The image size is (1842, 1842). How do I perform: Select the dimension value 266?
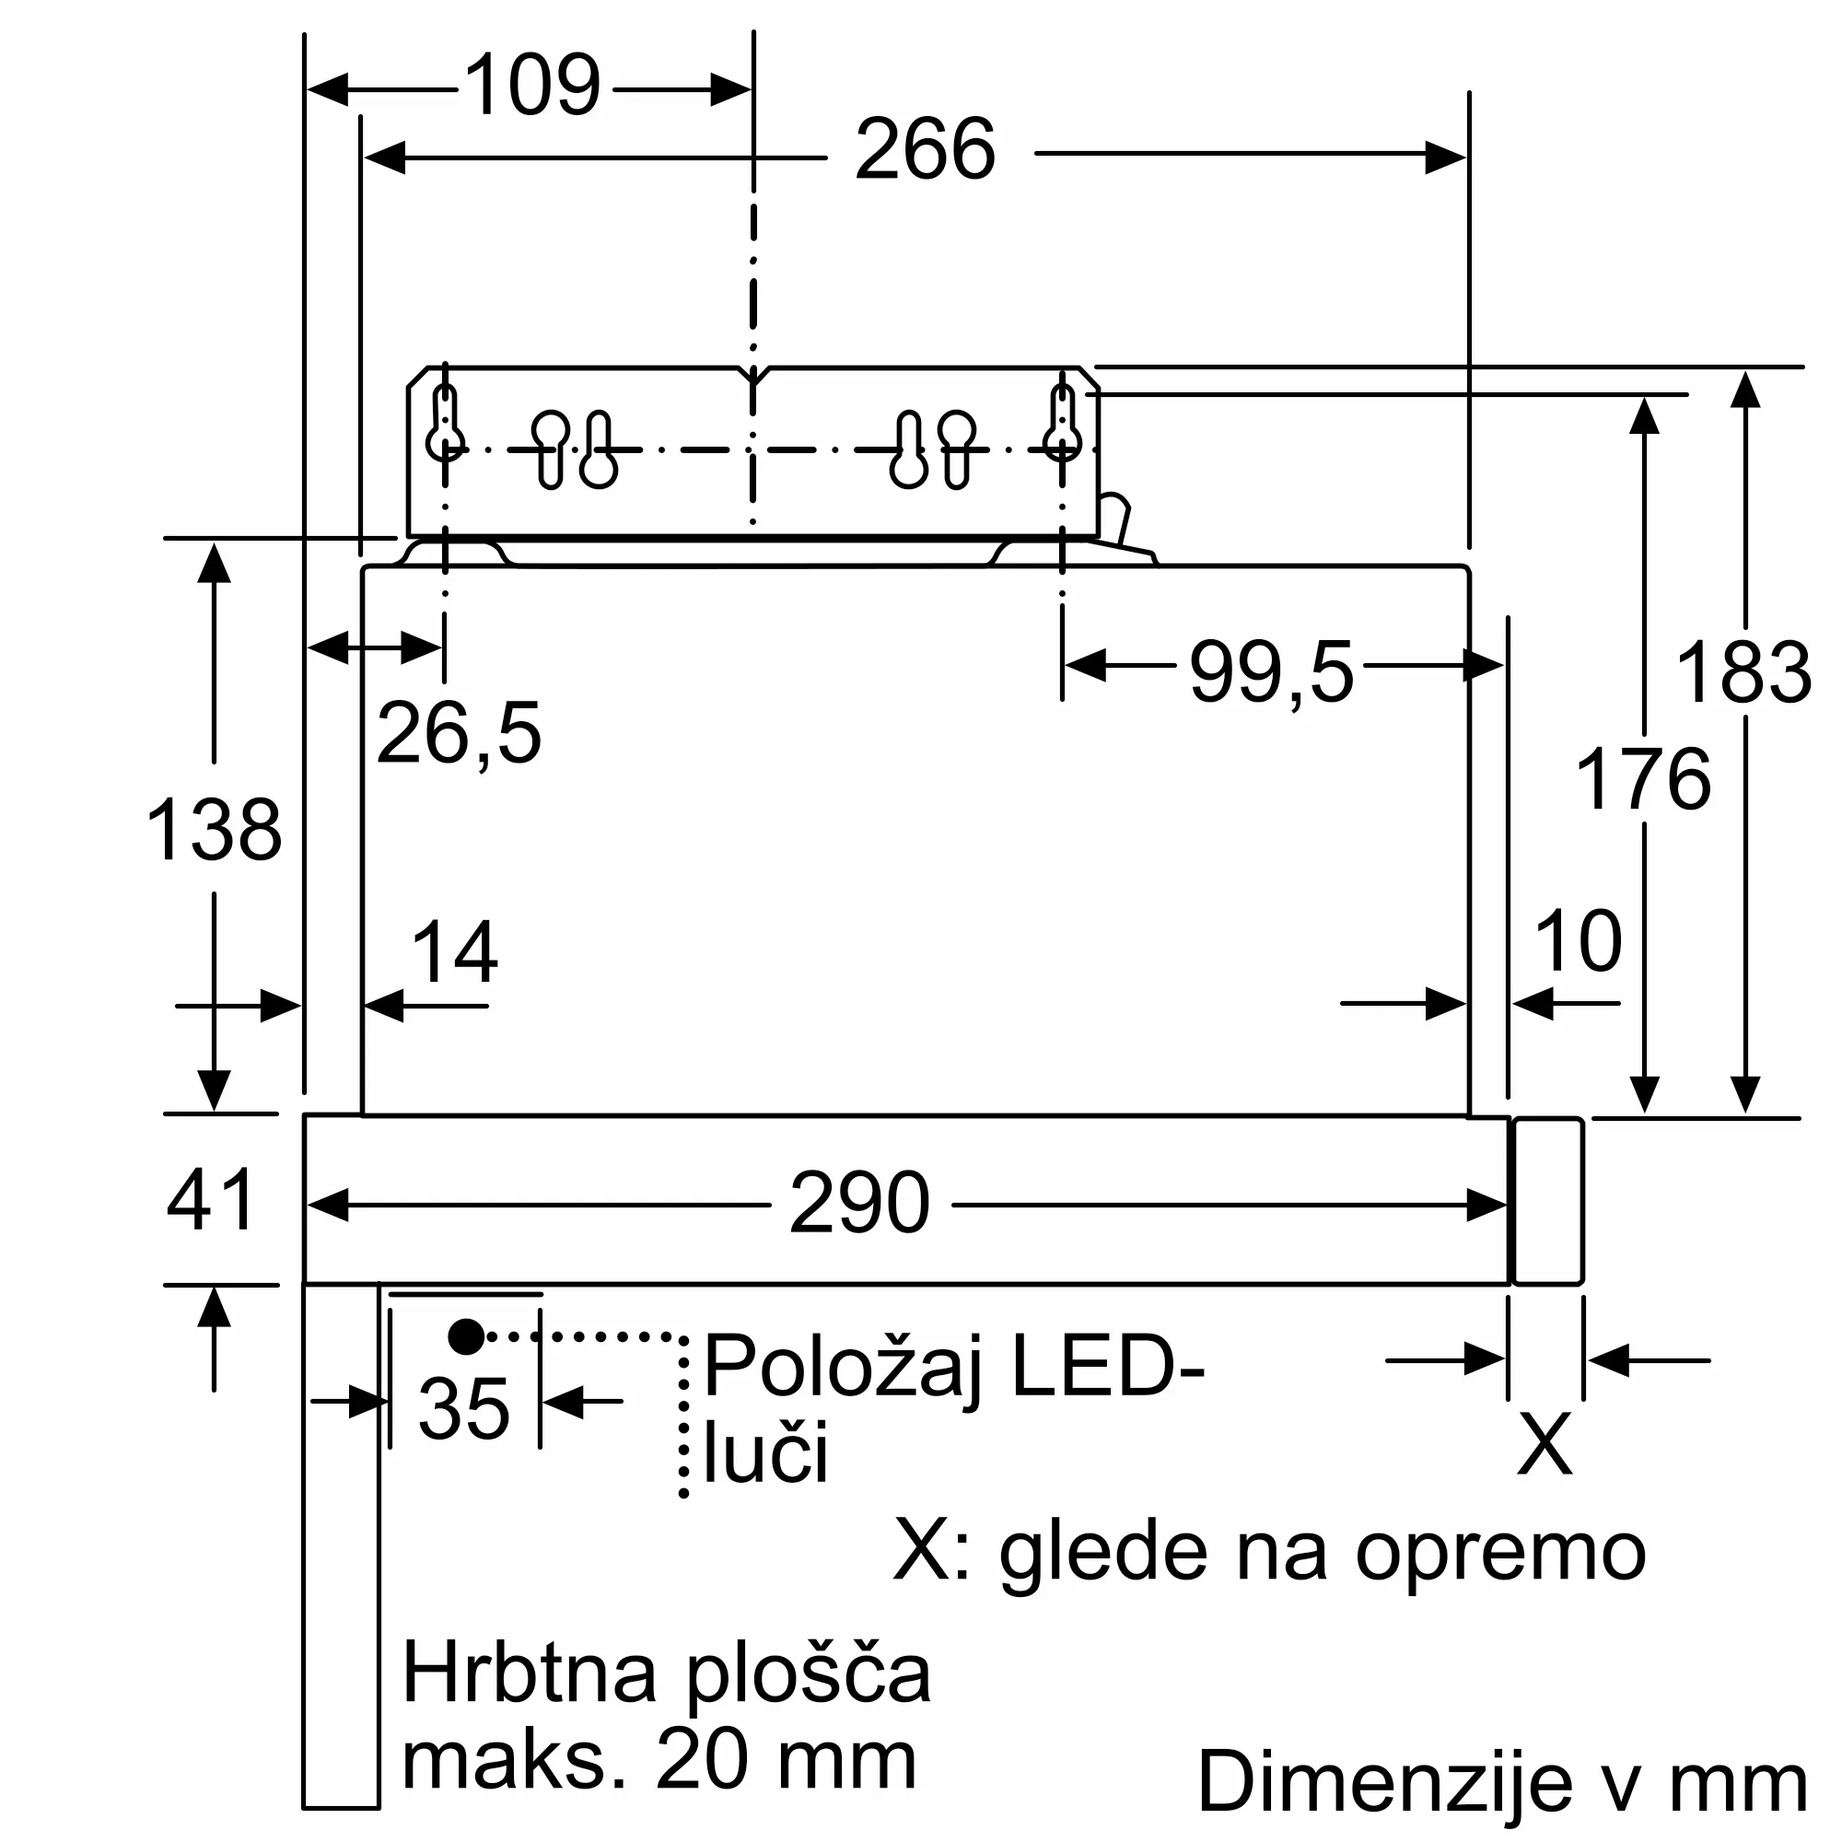point(924,150)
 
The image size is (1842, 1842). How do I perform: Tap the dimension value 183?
point(1743,673)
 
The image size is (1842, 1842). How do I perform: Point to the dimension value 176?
point(1643,779)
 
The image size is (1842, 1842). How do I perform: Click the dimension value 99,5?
point(1270,673)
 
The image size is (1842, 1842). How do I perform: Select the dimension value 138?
point(214,831)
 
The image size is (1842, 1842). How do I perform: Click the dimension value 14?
point(454,952)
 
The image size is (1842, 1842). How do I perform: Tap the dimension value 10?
point(1578,942)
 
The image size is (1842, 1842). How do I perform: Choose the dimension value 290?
point(859,1204)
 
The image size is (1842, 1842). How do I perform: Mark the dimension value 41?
point(211,1199)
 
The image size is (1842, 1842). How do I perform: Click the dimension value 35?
point(464,1409)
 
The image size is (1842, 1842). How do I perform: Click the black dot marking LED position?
point(466,1336)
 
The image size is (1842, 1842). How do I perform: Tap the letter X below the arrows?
point(1545,1444)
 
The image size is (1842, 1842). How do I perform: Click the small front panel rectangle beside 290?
point(1548,1201)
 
